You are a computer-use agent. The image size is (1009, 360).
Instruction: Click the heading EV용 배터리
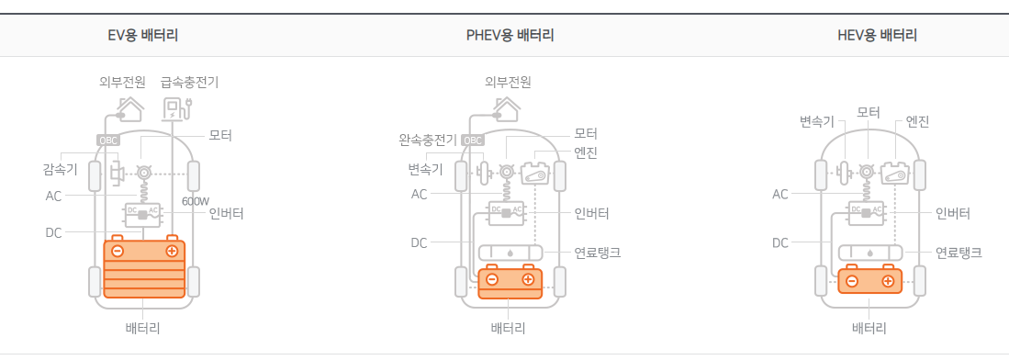pyautogui.click(x=142, y=37)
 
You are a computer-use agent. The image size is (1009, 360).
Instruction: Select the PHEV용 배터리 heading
pyautogui.click(x=510, y=37)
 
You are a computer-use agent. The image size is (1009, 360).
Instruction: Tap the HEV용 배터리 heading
pyautogui.click(x=877, y=37)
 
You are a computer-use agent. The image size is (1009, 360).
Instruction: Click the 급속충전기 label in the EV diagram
pyautogui.click(x=189, y=82)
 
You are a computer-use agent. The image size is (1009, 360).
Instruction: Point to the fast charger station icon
pyautogui.click(x=174, y=108)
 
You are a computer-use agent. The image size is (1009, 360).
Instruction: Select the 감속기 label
pyautogui.click(x=61, y=169)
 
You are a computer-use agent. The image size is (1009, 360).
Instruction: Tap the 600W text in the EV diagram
pyautogui.click(x=196, y=201)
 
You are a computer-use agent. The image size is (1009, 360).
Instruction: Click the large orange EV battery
pyautogui.click(x=144, y=266)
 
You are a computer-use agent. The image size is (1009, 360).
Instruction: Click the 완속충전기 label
pyautogui.click(x=427, y=141)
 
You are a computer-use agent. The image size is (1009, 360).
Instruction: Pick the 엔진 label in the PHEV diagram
pyautogui.click(x=585, y=152)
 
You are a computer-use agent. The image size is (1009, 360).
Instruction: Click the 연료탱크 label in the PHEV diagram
pyautogui.click(x=597, y=252)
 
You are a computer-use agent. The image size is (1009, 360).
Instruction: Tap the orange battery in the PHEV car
pyautogui.click(x=510, y=283)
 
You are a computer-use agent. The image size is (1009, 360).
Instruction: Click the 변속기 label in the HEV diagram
pyautogui.click(x=816, y=121)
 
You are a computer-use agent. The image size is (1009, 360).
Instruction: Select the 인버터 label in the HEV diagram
pyautogui.click(x=952, y=214)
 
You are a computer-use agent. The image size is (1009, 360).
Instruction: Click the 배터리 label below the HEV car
pyautogui.click(x=869, y=328)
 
